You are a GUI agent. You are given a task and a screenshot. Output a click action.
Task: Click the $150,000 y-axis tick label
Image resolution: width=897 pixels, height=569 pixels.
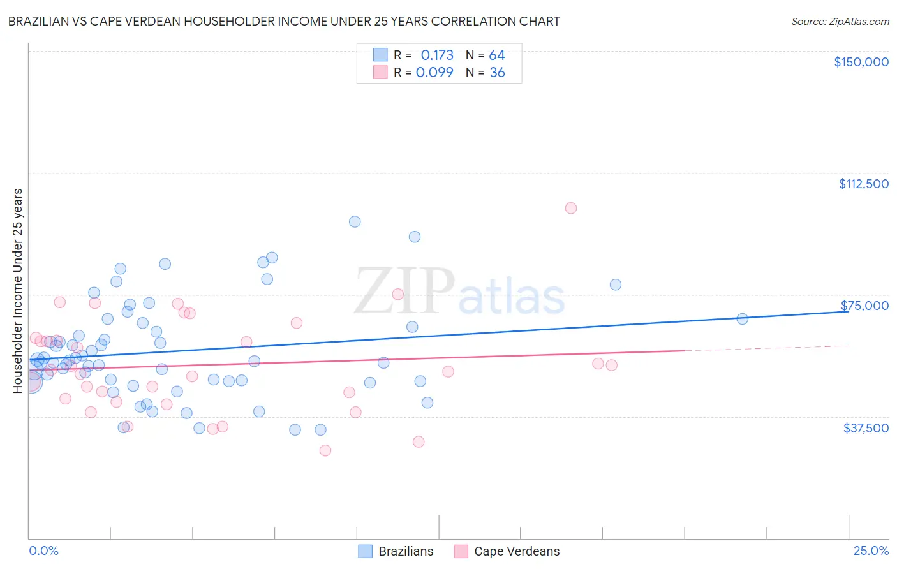pyautogui.click(x=861, y=62)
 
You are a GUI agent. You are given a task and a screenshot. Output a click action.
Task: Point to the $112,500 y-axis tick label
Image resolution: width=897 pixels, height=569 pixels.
pyautogui.click(x=863, y=184)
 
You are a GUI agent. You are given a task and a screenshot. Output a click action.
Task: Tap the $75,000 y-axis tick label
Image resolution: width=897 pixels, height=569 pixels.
pyautogui.click(x=864, y=306)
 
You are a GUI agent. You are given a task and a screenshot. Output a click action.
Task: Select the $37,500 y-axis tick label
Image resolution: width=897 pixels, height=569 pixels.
pyautogui.click(x=866, y=428)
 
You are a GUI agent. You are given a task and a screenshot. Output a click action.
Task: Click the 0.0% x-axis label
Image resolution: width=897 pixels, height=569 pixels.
pyautogui.click(x=43, y=551)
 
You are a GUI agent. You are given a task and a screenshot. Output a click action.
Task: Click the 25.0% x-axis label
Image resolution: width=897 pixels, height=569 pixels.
pyautogui.click(x=871, y=551)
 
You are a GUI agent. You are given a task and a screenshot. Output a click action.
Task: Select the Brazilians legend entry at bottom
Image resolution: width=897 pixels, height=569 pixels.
pyautogui.click(x=396, y=551)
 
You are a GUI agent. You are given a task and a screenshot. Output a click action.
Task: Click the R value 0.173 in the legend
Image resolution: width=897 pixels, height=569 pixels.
pyautogui.click(x=437, y=55)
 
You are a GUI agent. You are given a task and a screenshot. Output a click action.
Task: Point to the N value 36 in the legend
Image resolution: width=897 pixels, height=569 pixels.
pyautogui.click(x=497, y=72)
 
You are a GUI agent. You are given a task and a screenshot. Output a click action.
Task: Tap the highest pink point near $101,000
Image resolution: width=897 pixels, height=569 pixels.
pyautogui.click(x=571, y=208)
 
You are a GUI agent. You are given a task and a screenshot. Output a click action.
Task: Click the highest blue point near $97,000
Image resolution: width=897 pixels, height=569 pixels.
pyautogui.click(x=355, y=221)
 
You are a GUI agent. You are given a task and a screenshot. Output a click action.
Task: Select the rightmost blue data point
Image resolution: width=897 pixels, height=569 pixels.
pyautogui.click(x=742, y=319)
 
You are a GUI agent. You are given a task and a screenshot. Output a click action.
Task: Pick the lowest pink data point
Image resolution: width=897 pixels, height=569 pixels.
pyautogui.click(x=325, y=450)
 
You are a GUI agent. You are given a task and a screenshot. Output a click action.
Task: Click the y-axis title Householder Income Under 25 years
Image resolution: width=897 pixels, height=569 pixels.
pyautogui.click(x=17, y=290)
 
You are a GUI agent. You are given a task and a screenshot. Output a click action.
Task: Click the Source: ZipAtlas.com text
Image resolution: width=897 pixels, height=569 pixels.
pyautogui.click(x=840, y=21)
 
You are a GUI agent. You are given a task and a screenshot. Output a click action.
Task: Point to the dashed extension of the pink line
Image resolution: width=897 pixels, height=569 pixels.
pyautogui.click(x=766, y=348)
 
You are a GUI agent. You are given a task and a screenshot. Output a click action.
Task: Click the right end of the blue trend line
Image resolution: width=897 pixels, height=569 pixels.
pyautogui.click(x=847, y=311)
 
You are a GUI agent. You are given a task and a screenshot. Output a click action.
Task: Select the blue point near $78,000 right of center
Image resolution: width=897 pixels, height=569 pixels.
pyautogui.click(x=615, y=284)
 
